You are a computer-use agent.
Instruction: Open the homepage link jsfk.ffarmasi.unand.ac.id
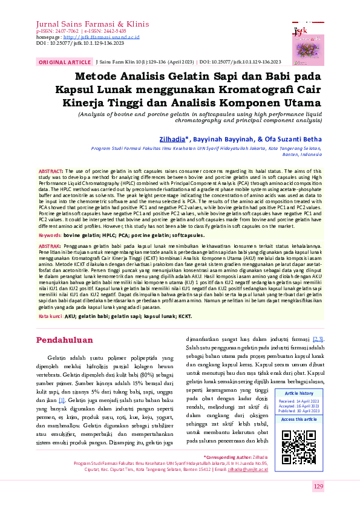(x=110, y=37)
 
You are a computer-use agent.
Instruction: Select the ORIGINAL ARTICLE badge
(x=64, y=62)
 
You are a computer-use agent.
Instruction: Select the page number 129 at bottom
(x=319, y=487)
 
